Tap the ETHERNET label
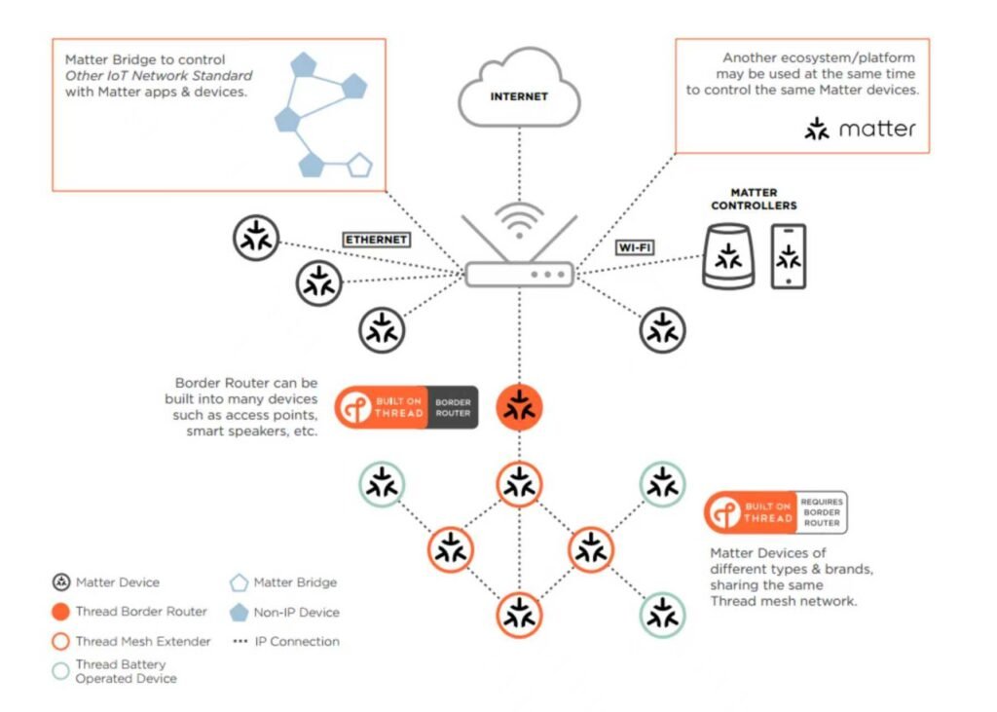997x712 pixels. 376,239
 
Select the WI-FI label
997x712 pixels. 634,247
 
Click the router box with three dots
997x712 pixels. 519,274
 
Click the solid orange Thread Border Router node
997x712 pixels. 519,407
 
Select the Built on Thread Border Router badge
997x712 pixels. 407,407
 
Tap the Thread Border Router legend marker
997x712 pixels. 60,612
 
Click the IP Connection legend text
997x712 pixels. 296,642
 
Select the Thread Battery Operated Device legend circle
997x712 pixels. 60,670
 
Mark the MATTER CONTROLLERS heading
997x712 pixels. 754,200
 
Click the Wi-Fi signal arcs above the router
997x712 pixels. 519,219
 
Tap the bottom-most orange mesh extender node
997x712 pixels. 519,615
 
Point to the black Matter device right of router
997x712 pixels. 663,330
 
